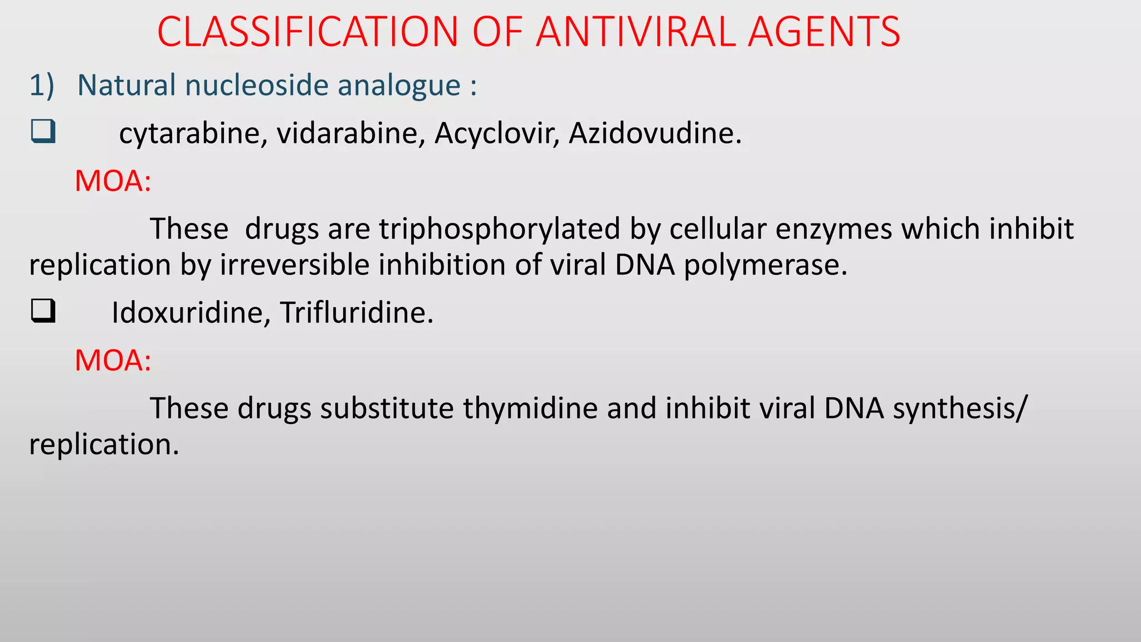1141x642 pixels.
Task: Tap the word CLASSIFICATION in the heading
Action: click(x=308, y=32)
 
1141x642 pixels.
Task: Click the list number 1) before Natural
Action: click(x=42, y=85)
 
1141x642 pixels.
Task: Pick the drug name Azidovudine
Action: click(x=655, y=134)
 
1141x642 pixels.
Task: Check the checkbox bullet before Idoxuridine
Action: click(x=43, y=311)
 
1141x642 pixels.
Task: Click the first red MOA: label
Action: click(x=113, y=181)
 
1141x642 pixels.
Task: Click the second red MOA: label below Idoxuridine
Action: click(x=113, y=361)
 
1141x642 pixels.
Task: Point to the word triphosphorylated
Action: click(x=500, y=229)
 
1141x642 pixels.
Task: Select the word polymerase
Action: click(x=765, y=265)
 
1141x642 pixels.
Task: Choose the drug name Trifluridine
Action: click(x=356, y=313)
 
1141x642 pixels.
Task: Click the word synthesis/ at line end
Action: click(x=959, y=408)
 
